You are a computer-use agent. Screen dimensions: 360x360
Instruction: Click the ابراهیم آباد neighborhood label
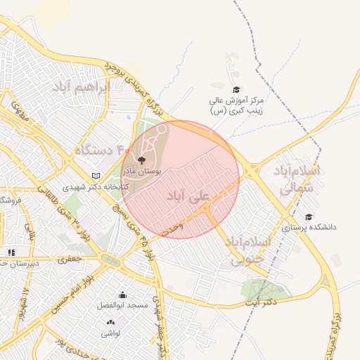pyautogui.click(x=82, y=88)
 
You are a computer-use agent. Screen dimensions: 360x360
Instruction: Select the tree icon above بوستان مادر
pyautogui.click(x=143, y=161)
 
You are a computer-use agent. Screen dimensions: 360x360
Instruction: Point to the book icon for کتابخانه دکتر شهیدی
pyautogui.click(x=96, y=175)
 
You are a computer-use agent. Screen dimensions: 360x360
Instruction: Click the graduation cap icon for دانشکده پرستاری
pyautogui.click(x=309, y=217)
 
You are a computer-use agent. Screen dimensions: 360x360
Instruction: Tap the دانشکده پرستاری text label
pyautogui.click(x=309, y=228)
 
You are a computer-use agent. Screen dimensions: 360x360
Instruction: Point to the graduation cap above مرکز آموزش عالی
pyautogui.click(x=236, y=89)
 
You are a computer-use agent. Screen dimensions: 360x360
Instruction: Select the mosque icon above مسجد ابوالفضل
pyautogui.click(x=123, y=295)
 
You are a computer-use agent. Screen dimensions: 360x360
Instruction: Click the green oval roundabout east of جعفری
pyautogui.click(x=110, y=259)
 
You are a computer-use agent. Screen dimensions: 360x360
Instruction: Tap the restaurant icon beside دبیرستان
pyautogui.click(x=11, y=252)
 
